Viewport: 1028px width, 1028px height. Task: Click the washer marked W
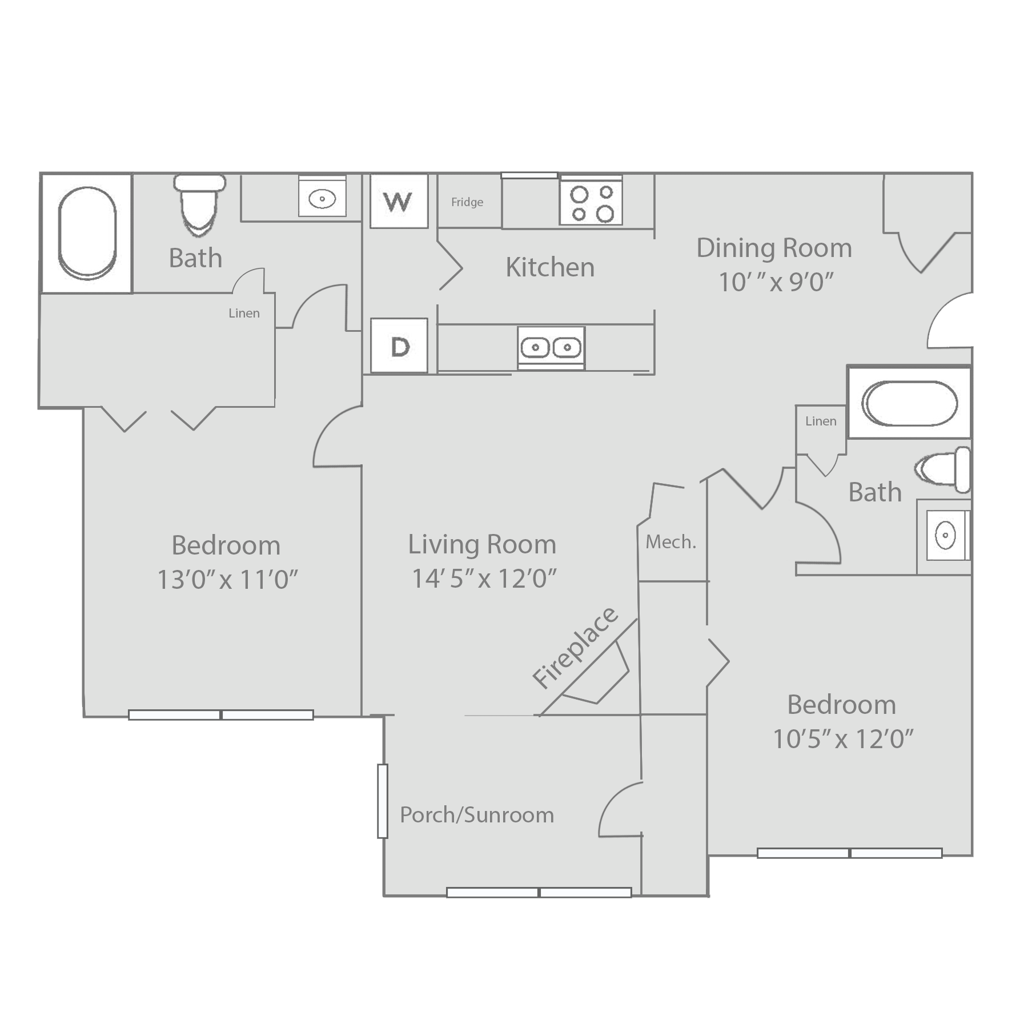pos(399,201)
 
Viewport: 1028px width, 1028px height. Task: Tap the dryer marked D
pos(399,346)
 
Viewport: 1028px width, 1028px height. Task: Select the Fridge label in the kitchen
pos(467,202)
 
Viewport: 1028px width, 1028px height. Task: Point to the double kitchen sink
pos(551,347)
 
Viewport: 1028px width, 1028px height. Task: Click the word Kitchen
pos(550,267)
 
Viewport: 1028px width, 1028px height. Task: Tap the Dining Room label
pos(774,248)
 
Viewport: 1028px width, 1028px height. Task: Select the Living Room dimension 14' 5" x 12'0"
pos(484,579)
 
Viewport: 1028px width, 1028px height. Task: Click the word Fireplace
pos(575,647)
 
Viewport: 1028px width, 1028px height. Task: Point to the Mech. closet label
pos(671,542)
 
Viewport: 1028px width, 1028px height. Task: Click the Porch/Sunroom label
pos(477,815)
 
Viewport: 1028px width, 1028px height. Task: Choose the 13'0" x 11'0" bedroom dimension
pos(227,580)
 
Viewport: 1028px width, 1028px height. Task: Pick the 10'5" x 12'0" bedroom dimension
pos(843,739)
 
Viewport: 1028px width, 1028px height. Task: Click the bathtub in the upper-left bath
pos(87,233)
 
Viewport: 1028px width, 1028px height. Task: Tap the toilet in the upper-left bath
pos(200,204)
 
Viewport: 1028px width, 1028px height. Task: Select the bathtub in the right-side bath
pos(909,403)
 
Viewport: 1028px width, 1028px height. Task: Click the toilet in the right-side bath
pos(942,469)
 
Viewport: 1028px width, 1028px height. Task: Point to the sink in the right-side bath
pos(946,536)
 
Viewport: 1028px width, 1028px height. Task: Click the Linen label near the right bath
pos(821,421)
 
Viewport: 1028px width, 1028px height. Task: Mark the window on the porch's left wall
pos(382,801)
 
